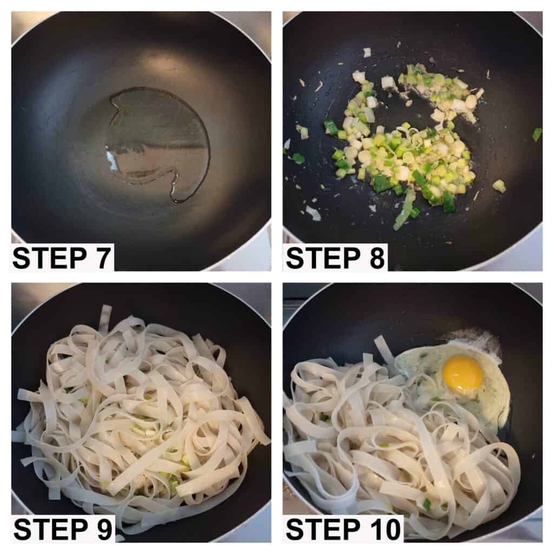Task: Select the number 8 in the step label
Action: pyautogui.click(x=377, y=258)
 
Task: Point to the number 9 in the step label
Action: pyautogui.click(x=103, y=529)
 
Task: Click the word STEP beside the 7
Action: pyautogui.click(x=49, y=258)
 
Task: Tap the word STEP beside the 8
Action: pyautogui.click(x=323, y=258)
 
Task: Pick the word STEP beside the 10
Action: pyautogui.click(x=323, y=529)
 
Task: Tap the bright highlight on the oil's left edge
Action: pyautogui.click(x=111, y=161)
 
